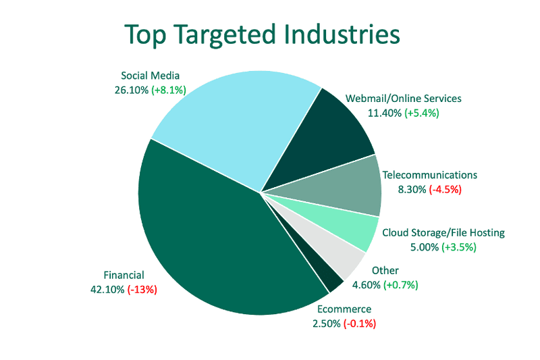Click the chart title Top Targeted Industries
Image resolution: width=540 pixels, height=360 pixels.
(262, 34)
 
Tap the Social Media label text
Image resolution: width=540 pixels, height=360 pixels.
(150, 76)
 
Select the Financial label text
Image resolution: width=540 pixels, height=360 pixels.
(124, 276)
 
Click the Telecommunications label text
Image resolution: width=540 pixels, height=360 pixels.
(430, 175)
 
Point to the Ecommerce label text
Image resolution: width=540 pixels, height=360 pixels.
(344, 309)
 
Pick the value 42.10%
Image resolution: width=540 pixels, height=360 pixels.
(107, 290)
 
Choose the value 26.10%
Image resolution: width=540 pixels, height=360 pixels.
(132, 91)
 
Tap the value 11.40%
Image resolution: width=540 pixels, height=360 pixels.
(385, 113)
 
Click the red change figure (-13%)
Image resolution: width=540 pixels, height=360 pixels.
(142, 290)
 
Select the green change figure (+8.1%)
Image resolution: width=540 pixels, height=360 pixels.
(169, 91)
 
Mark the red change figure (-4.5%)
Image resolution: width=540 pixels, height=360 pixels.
(446, 190)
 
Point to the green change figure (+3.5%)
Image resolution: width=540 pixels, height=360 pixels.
(459, 247)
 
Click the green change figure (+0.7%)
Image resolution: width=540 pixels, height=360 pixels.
(401, 285)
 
